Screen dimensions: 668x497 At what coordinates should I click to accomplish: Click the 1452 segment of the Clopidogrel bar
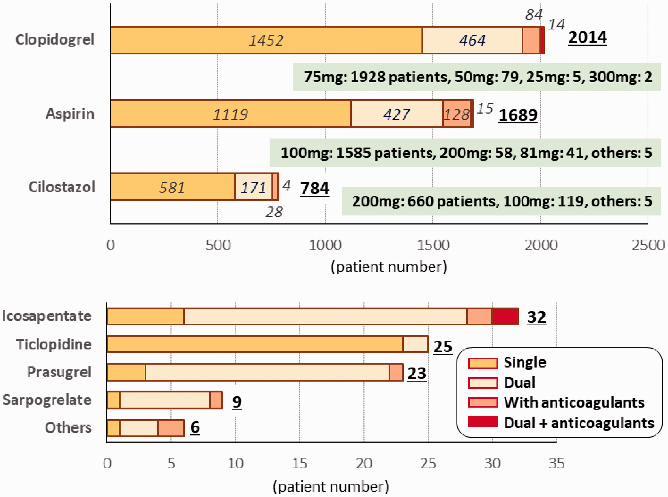(266, 40)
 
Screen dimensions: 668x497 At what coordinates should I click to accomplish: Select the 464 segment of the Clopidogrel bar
(472, 40)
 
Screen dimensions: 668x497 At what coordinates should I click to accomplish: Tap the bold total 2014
(587, 38)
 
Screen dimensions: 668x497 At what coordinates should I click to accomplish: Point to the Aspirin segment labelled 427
(397, 114)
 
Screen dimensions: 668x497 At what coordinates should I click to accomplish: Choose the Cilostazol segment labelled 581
(173, 187)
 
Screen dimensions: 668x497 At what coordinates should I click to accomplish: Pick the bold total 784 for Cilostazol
(315, 189)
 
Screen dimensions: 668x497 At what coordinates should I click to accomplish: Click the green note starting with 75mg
(477, 77)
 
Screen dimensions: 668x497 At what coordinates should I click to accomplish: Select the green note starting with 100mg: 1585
(465, 153)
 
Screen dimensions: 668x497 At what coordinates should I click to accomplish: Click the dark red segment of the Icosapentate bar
(505, 317)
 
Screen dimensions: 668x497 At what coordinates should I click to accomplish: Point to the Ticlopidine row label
(54, 344)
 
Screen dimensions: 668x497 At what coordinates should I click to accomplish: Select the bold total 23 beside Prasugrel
(417, 373)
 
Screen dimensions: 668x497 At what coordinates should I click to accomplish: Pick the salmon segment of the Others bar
(171, 428)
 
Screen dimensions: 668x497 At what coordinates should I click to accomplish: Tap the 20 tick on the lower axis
(364, 463)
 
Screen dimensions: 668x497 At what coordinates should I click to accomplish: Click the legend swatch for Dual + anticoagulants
(483, 421)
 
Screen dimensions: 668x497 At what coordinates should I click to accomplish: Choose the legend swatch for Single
(483, 363)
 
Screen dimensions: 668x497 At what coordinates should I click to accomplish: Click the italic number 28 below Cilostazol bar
(274, 212)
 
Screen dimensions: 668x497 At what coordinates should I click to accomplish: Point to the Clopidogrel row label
(55, 40)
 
